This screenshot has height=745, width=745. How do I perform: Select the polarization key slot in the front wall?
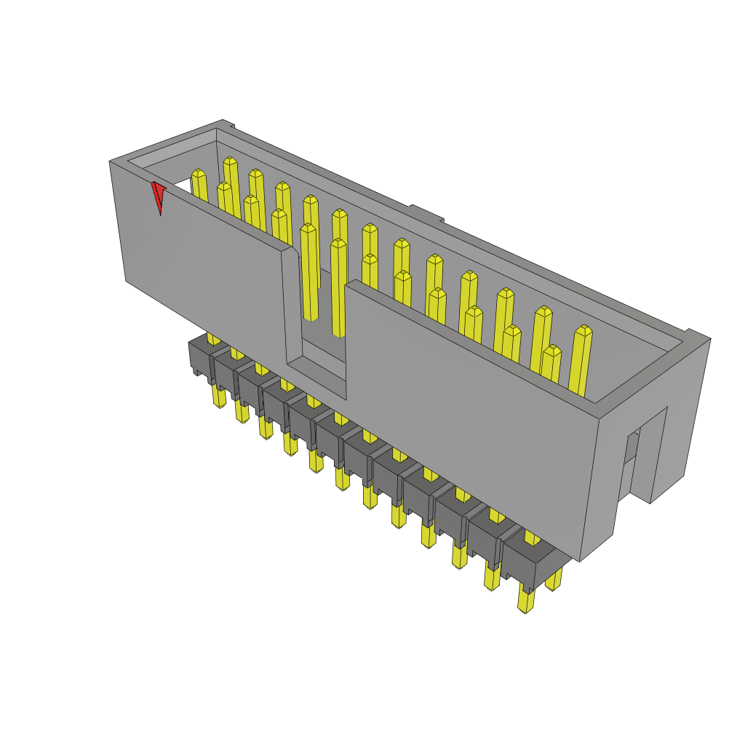[316, 320]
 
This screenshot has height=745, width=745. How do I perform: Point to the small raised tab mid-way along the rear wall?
[426, 213]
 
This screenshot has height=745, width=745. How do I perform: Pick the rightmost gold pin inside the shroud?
[581, 360]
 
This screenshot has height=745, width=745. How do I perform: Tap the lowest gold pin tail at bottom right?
[525, 599]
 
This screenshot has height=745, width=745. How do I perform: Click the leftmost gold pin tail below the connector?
[218, 396]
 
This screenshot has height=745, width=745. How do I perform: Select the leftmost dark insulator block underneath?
[200, 359]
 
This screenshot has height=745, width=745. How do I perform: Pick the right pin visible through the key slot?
[338, 287]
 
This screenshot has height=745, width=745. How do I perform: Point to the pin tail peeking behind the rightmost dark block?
[554, 578]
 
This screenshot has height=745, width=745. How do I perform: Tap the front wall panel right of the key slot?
[466, 415]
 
